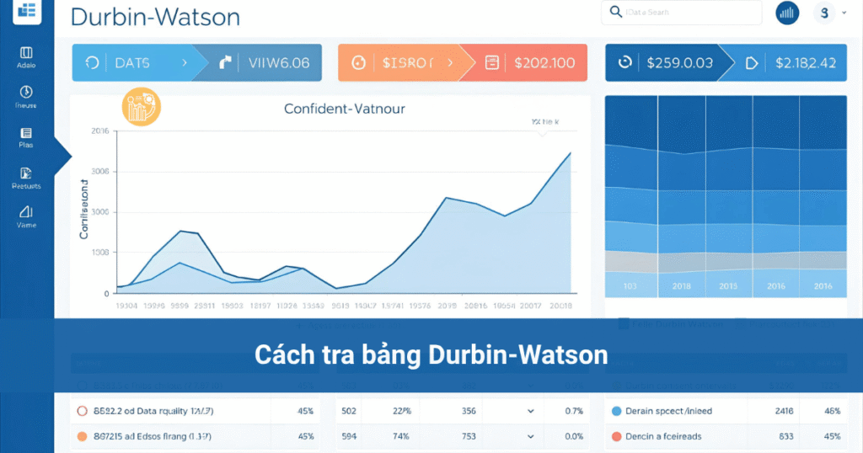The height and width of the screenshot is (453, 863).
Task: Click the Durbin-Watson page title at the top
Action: point(155,17)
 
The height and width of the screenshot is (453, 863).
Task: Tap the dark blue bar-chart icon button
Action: point(787,13)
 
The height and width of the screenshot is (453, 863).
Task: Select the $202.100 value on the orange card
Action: point(544,62)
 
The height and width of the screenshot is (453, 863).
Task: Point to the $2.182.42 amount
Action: point(805,62)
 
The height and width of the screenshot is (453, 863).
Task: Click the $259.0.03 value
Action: point(679,62)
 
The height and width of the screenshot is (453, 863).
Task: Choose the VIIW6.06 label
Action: point(278,62)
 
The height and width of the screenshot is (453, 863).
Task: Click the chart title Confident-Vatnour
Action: point(345,109)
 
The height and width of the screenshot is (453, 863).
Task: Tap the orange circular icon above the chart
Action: point(142,106)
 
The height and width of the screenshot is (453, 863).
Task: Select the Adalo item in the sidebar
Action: point(26,57)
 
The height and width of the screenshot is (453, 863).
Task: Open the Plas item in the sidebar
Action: point(26,137)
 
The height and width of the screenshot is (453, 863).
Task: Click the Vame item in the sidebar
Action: point(26,216)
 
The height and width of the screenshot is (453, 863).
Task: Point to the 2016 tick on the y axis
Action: point(99,131)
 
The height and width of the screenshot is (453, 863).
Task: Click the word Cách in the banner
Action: point(282,355)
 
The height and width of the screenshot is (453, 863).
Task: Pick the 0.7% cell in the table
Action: point(574,411)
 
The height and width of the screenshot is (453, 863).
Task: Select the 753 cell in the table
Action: point(469,436)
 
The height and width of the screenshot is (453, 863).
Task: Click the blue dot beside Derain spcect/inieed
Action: point(616,411)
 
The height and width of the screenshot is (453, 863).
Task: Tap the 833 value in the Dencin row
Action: point(785,436)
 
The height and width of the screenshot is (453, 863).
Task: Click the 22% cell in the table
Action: point(402,411)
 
